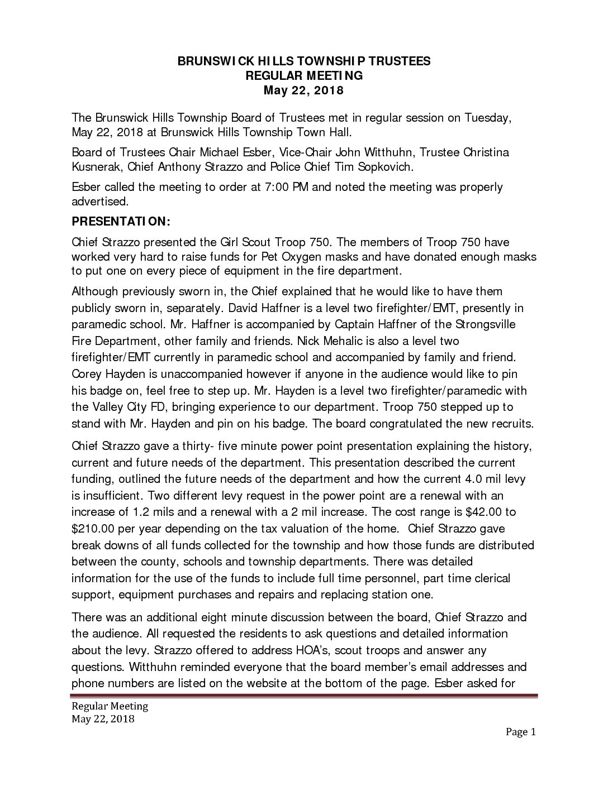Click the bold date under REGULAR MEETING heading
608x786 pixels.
tap(304, 90)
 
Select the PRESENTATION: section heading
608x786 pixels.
tap(120, 222)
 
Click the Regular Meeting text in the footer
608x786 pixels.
tap(110, 706)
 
